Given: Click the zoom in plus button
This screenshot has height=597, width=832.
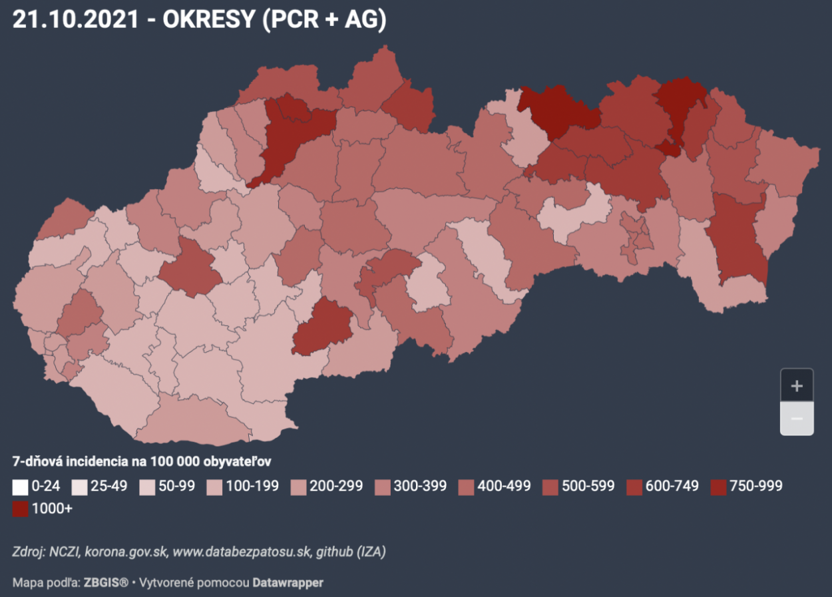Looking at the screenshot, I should pos(796,385).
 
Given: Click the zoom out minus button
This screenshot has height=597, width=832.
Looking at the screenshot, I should pos(796,419).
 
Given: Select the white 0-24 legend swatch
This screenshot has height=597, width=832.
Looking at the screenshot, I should pos(21,487).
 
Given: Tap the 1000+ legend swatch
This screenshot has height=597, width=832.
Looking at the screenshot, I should pos(21,509).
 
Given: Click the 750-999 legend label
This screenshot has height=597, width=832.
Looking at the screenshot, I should pos(757,486).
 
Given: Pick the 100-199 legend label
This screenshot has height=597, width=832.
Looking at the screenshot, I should pos(254,486).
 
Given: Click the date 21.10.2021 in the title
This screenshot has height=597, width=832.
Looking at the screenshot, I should pos(75,19).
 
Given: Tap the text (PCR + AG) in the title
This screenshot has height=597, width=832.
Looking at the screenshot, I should pos(324,19).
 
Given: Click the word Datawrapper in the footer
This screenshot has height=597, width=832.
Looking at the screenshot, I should pos(288,582).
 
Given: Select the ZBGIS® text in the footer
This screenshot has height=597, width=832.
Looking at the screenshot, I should pos(106,582).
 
